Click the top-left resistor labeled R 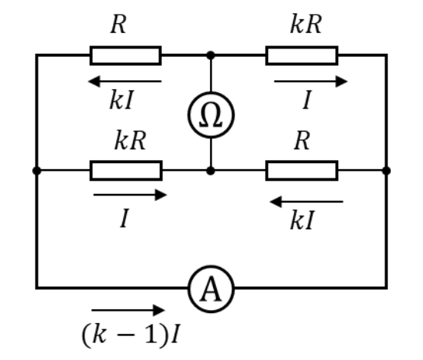[x=125, y=55]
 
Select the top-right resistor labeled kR [x=302, y=55]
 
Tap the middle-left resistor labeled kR [x=126, y=171]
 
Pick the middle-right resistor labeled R [x=302, y=171]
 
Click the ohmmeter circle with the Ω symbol [x=211, y=92]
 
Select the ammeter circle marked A [x=211, y=266]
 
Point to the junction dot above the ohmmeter [x=211, y=55]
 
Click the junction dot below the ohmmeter [x=211, y=171]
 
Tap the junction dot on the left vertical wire [x=37, y=171]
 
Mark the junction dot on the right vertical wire [x=386, y=171]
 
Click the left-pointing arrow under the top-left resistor [x=125, y=82]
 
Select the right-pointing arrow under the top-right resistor [x=311, y=82]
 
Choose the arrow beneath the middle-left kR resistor [x=130, y=195]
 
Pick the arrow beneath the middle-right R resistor [x=306, y=202]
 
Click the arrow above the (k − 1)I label [x=128, y=310]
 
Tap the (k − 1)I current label [x=131, y=335]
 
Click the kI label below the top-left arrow [x=122, y=99]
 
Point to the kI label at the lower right [x=302, y=220]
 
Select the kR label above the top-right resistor [x=306, y=24]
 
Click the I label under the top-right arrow [x=308, y=99]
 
